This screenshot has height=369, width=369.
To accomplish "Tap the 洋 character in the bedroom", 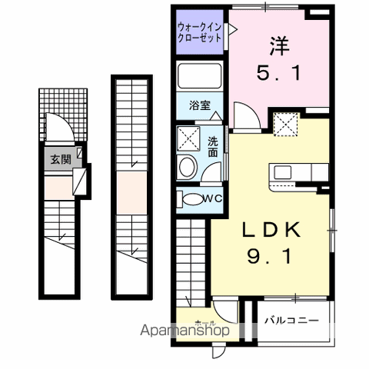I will tap(279, 45).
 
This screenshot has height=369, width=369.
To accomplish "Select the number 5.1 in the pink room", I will tap(279, 75).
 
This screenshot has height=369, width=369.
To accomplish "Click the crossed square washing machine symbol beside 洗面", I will tap(188, 138).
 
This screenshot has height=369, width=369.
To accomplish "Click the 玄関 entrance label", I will tap(60, 160).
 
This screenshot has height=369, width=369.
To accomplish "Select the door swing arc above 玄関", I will tap(57, 126).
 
